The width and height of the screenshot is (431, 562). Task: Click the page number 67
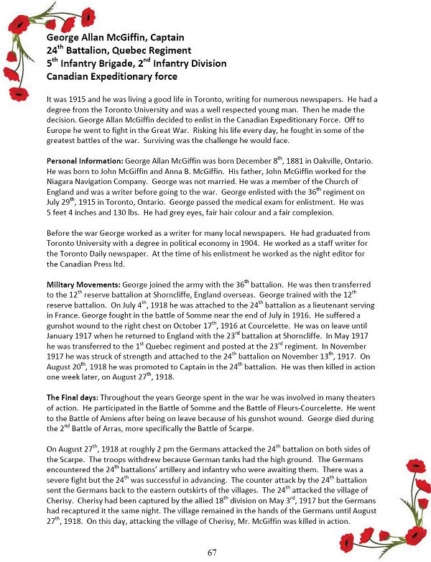[212, 552]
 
